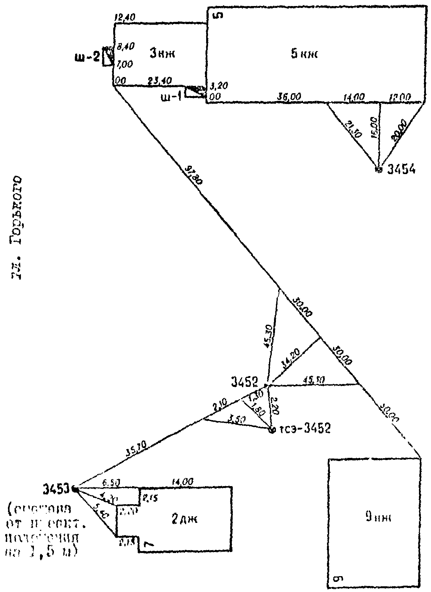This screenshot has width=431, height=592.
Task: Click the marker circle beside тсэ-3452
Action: [x=271, y=430]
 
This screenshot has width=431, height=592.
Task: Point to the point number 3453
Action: [x=56, y=490]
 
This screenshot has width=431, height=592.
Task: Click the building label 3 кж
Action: [x=162, y=54]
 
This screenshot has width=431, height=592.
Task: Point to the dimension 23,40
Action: [x=160, y=81]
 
